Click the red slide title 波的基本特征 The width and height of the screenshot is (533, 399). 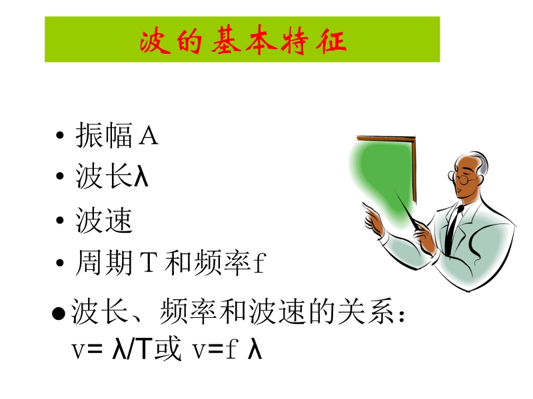[x=243, y=41]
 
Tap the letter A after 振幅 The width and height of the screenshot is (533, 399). [x=149, y=136]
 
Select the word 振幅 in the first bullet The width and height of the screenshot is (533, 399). [x=104, y=135]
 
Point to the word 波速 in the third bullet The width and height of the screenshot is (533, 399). [x=104, y=220]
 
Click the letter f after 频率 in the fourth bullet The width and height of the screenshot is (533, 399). [x=260, y=262]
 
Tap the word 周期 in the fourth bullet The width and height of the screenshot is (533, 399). [x=104, y=262]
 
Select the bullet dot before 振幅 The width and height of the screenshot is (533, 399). [x=60, y=136]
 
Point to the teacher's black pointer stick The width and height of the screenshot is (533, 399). [x=407, y=209]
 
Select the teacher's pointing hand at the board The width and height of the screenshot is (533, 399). [x=373, y=220]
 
